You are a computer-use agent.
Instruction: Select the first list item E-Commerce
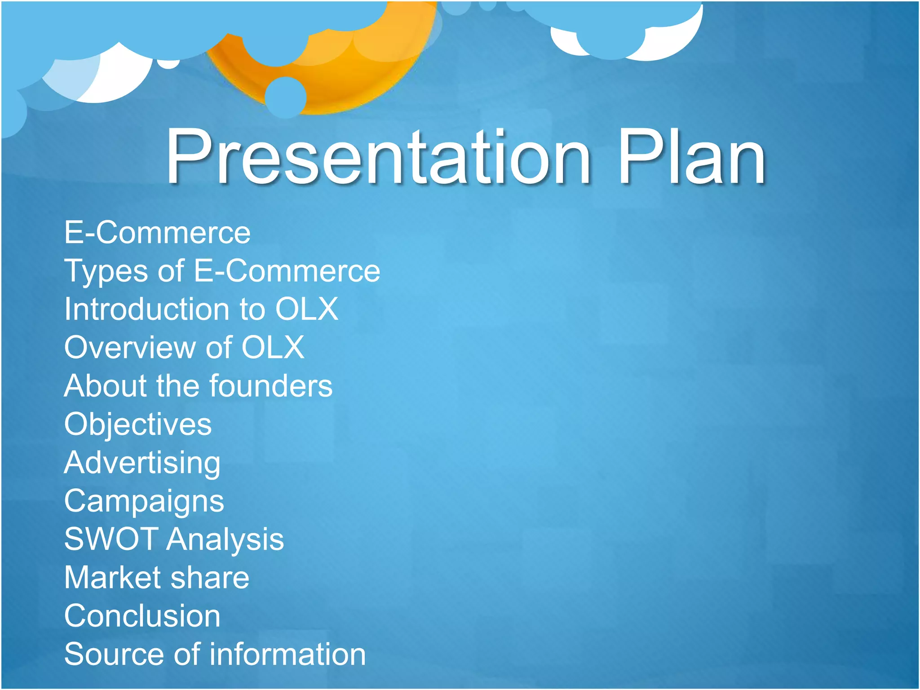157,233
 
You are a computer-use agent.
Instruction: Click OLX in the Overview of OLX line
273,347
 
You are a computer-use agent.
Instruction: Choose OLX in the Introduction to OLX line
306,309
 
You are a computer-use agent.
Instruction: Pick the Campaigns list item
144,501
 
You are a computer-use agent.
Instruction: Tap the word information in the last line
287,654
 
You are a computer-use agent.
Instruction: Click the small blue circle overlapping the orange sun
285,97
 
